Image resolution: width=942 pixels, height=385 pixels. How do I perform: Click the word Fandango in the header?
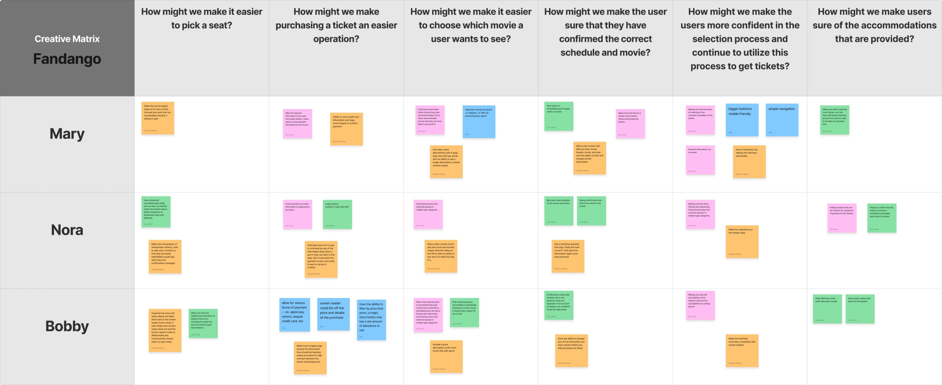pos(67,59)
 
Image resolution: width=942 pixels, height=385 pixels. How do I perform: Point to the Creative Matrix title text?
pos(67,39)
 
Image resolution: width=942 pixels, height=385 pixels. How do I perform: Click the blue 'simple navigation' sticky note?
pos(782,120)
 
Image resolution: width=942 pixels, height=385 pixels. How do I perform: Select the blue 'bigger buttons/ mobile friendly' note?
pos(742,120)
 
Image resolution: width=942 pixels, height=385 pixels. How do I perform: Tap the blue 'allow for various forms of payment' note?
pos(294,314)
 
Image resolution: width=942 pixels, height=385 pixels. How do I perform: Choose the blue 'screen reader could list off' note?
pos(333,314)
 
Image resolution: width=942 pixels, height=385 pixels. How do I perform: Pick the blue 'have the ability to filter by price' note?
pos(371,319)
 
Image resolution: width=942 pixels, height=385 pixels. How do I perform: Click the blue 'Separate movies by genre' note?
pos(479,121)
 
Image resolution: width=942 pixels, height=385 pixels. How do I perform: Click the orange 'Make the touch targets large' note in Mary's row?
pos(158,118)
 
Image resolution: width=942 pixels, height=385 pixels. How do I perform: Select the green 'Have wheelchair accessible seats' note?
pos(156,212)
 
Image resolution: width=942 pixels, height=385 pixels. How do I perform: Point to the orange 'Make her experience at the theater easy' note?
pos(742,241)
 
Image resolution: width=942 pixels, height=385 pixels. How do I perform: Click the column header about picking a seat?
pos(201,18)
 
